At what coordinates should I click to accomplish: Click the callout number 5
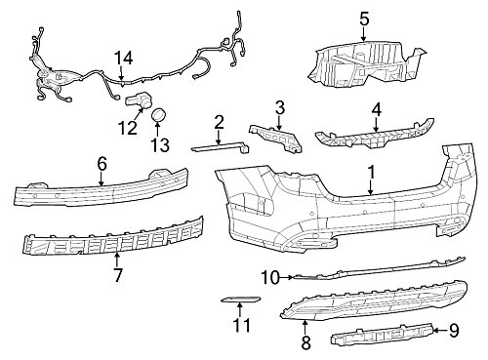click(364, 20)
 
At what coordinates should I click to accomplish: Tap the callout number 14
click(124, 59)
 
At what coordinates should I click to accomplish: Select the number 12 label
click(128, 128)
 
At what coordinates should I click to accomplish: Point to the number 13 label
click(160, 144)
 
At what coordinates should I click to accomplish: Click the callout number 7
click(118, 275)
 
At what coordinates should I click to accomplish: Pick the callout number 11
click(242, 325)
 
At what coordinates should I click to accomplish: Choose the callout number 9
click(454, 331)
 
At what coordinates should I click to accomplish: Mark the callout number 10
click(270, 278)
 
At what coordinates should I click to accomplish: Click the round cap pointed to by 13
click(159, 114)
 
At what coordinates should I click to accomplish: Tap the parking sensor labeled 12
click(140, 101)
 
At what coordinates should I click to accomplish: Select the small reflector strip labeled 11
click(241, 300)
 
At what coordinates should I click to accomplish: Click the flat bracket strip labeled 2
click(221, 147)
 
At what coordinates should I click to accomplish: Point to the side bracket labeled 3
click(276, 138)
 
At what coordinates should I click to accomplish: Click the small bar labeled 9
click(383, 335)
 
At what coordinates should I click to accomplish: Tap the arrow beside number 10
click(286, 277)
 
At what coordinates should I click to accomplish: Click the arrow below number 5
click(364, 34)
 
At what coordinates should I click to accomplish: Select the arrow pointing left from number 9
click(440, 331)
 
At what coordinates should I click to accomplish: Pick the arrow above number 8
click(305, 327)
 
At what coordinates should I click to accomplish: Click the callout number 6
click(102, 164)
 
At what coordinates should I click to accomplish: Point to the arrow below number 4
click(376, 125)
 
